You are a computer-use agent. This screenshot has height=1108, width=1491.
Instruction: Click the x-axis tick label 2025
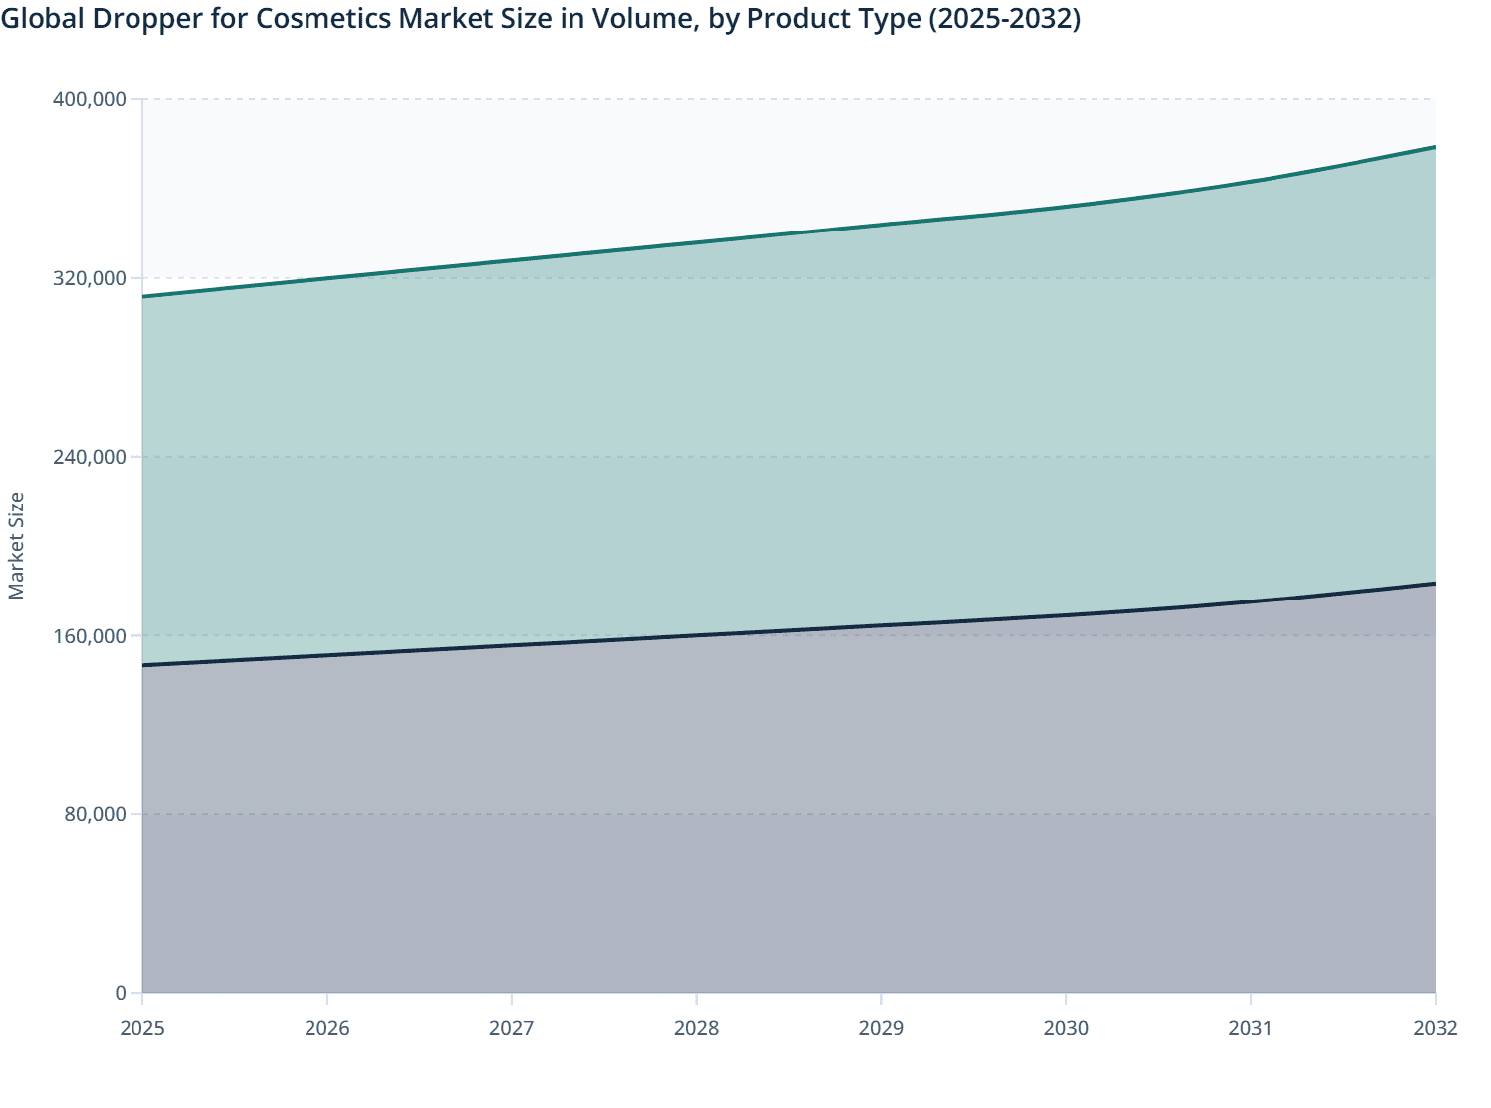pos(142,1028)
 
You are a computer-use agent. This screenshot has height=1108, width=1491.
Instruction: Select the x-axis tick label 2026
pos(327,1028)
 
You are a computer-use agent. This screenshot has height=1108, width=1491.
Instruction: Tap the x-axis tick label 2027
pos(512,1028)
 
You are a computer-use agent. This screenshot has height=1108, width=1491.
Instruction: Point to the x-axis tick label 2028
pos(696,1028)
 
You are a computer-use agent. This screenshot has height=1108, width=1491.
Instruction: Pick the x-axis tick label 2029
pos(881,1028)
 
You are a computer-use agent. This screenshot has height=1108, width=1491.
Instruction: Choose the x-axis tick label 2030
pos(1066,1028)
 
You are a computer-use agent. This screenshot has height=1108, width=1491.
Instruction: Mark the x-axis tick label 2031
pos(1250,1028)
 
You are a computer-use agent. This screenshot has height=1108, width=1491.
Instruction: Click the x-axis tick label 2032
pos(1435,1028)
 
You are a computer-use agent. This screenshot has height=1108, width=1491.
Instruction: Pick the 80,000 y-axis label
pos(97,814)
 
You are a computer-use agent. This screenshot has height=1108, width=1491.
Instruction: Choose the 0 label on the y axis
pos(121,993)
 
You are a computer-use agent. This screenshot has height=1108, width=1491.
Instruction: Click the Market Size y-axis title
pos(16,545)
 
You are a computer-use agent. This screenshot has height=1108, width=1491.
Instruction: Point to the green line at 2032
pos(1434,147)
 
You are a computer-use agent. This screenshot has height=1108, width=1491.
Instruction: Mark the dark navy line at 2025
pos(144,665)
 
